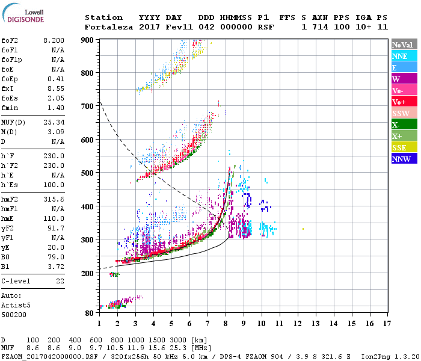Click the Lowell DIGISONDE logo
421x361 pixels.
tap(28, 15)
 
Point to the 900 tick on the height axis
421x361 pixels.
tap(88, 40)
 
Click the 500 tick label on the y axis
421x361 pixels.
tap(88, 173)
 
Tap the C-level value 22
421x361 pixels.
tap(60, 281)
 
